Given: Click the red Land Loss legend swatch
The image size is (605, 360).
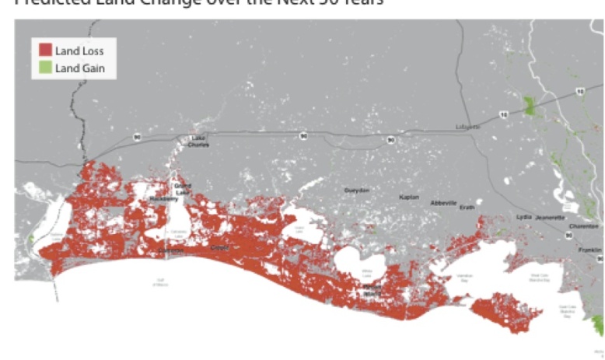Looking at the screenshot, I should point(45,51).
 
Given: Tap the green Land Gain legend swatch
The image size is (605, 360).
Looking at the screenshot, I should point(45,68).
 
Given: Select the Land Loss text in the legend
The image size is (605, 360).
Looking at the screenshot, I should point(79,51).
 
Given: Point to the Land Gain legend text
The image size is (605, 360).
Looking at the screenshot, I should point(79,68).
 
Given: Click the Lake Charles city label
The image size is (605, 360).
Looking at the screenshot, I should point(198,142).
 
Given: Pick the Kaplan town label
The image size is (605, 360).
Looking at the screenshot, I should point(409,197).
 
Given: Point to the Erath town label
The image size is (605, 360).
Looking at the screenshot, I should point(467,207).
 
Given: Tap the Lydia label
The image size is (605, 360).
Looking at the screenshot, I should point(523,216).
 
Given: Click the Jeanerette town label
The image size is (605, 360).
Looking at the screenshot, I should point(550,218).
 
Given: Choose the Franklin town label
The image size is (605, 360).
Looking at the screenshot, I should point(589,250).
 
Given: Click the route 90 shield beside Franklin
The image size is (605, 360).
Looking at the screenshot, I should point(569,234).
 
